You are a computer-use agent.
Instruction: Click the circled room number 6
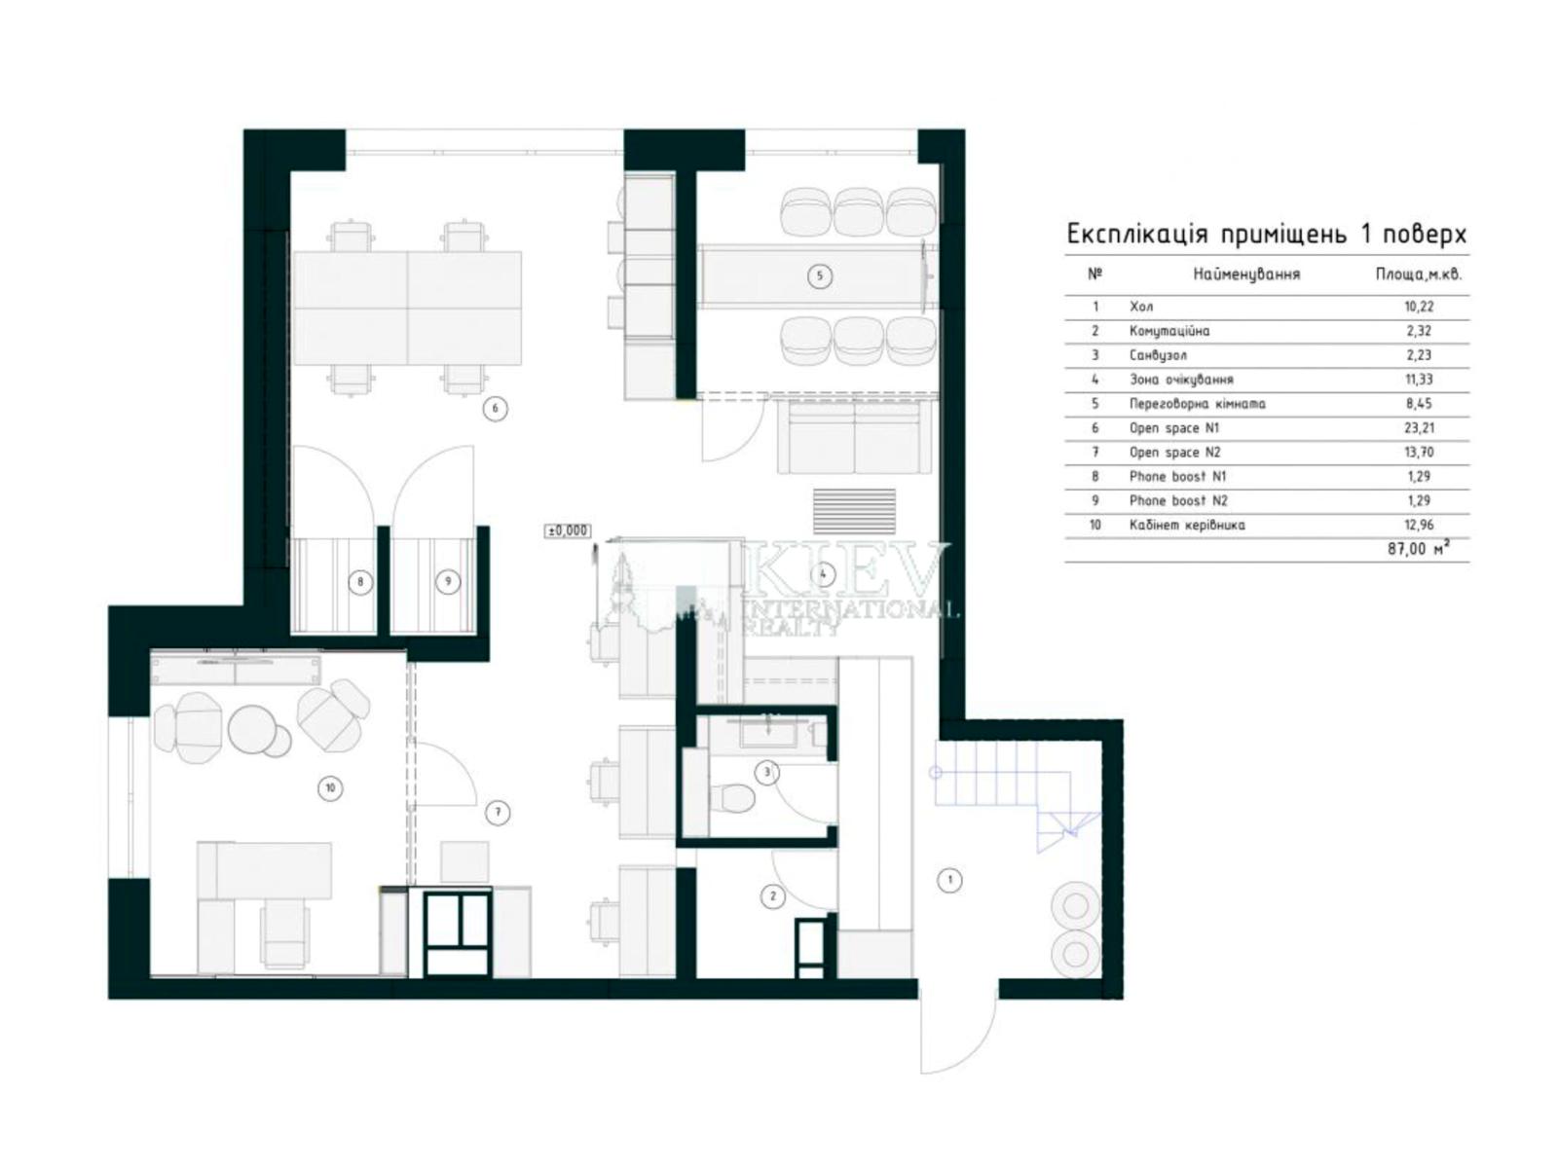[495, 409]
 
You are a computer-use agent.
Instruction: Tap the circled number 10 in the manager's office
[330, 787]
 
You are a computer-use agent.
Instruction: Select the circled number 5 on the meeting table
[820, 275]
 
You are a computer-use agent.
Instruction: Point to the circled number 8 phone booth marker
[360, 582]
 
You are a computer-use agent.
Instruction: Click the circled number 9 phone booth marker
[447, 582]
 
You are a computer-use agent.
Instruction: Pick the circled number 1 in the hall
[949, 881]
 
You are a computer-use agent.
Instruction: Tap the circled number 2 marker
[773, 896]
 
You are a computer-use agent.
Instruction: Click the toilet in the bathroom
[732, 798]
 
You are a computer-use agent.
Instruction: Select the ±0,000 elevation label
[567, 530]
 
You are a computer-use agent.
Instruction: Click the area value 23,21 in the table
[1418, 427]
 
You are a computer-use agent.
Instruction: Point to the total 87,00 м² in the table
[1418, 549]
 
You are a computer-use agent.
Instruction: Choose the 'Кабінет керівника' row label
[1187, 525]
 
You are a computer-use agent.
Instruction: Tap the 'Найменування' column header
[1246, 274]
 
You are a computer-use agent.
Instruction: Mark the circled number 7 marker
[498, 813]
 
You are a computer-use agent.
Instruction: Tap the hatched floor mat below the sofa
[854, 511]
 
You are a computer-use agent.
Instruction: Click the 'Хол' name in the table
[1141, 307]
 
